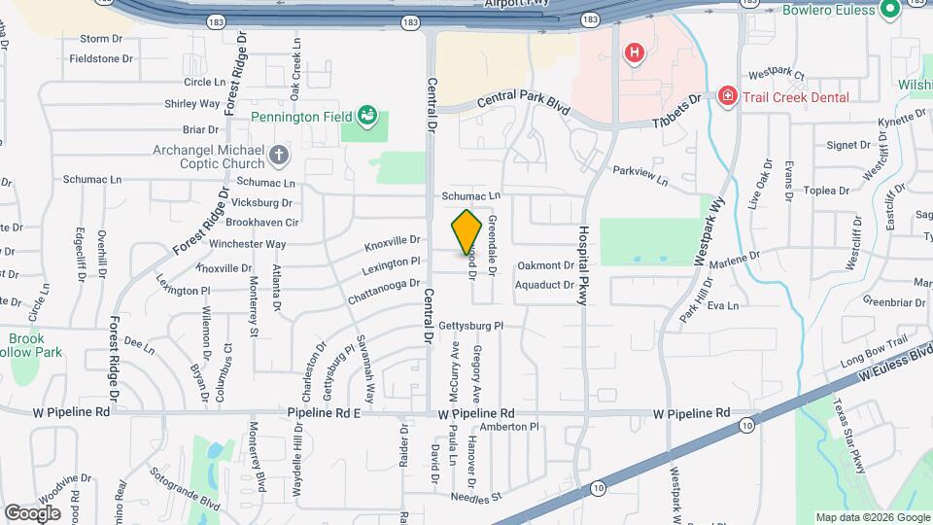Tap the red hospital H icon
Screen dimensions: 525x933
click(634, 52)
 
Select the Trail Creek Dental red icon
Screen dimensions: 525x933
click(726, 96)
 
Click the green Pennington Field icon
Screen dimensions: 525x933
click(366, 117)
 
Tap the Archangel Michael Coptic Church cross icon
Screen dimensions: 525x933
click(279, 155)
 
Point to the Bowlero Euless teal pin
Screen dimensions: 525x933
click(889, 10)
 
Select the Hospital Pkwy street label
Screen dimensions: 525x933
click(584, 266)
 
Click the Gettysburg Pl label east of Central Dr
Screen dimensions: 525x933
click(471, 326)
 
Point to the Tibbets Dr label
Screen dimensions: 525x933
click(676, 107)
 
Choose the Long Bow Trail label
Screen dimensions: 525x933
click(873, 358)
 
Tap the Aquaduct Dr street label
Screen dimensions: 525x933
click(545, 285)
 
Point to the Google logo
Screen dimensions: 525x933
click(32, 512)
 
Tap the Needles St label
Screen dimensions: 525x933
click(475, 498)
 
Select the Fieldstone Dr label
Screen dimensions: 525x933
click(101, 58)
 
